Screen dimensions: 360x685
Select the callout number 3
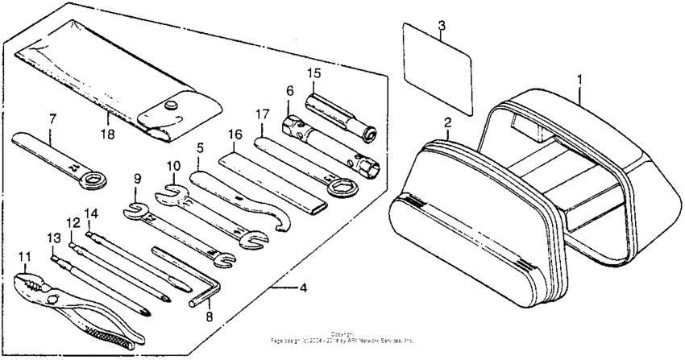coord(441,25)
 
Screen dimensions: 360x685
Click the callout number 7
coord(53,119)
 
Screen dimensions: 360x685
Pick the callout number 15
coord(313,74)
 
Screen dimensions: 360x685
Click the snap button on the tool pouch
coord(170,105)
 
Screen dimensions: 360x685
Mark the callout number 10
coord(172,166)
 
